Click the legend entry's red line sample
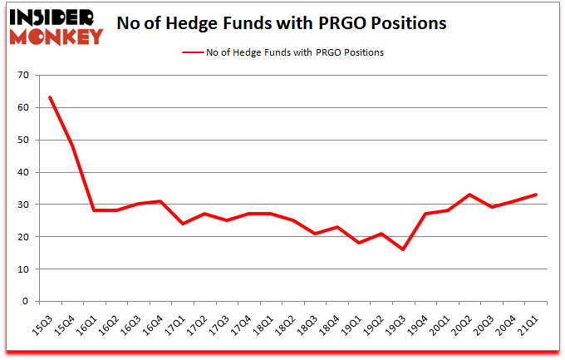click(193, 52)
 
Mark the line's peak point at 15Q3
click(50, 98)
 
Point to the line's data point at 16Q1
click(94, 210)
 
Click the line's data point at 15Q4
click(72, 146)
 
